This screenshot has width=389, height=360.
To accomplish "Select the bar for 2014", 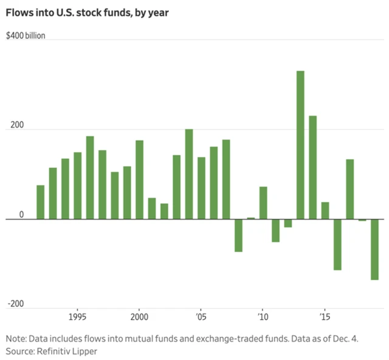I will pyautogui.click(x=312, y=167).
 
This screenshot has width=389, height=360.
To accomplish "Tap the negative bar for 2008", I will pyautogui.click(x=238, y=235).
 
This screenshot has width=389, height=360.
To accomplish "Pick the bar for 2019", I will pyautogui.click(x=375, y=249).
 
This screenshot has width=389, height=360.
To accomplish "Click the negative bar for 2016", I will pyautogui.click(x=337, y=244).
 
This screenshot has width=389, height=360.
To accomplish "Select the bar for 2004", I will pyautogui.click(x=189, y=174).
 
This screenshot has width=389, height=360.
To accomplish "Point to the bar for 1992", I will pyautogui.click(x=41, y=202).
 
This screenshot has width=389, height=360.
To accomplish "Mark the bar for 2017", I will pyautogui.click(x=350, y=189).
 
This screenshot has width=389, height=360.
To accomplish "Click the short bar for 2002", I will pyautogui.click(x=164, y=211).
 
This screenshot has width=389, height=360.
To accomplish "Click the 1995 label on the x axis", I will pyautogui.click(x=77, y=317).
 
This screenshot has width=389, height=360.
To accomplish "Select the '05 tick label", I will pyautogui.click(x=201, y=317).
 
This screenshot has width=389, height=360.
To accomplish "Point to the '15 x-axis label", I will pyautogui.click(x=325, y=317).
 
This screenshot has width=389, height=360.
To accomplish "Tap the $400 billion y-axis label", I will pyautogui.click(x=26, y=35).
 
